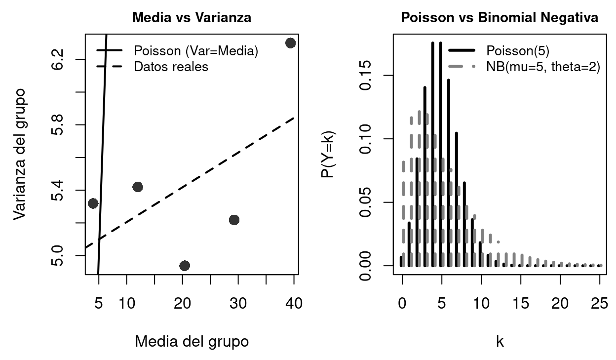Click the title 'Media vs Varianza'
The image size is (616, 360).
pos(192,18)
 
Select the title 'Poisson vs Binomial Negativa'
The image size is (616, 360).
pos(500,18)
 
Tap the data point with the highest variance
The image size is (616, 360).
pos(290,43)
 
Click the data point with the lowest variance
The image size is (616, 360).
pos(185,266)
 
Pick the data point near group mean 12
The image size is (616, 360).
pos(138,187)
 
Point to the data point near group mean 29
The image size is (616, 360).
pos(234,220)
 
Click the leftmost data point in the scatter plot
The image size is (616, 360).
pos(93,203)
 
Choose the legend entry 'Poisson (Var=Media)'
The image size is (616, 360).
pos(196,51)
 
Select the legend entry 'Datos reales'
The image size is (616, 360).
pos(171,67)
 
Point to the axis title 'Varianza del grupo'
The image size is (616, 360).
pos(20,154)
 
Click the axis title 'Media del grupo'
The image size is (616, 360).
pos(192,341)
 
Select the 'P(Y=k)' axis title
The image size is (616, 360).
pos(328,154)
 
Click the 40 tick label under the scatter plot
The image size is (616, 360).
pos(294,302)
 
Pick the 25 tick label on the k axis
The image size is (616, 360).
pos(600,302)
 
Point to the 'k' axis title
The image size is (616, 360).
pos(500,341)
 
